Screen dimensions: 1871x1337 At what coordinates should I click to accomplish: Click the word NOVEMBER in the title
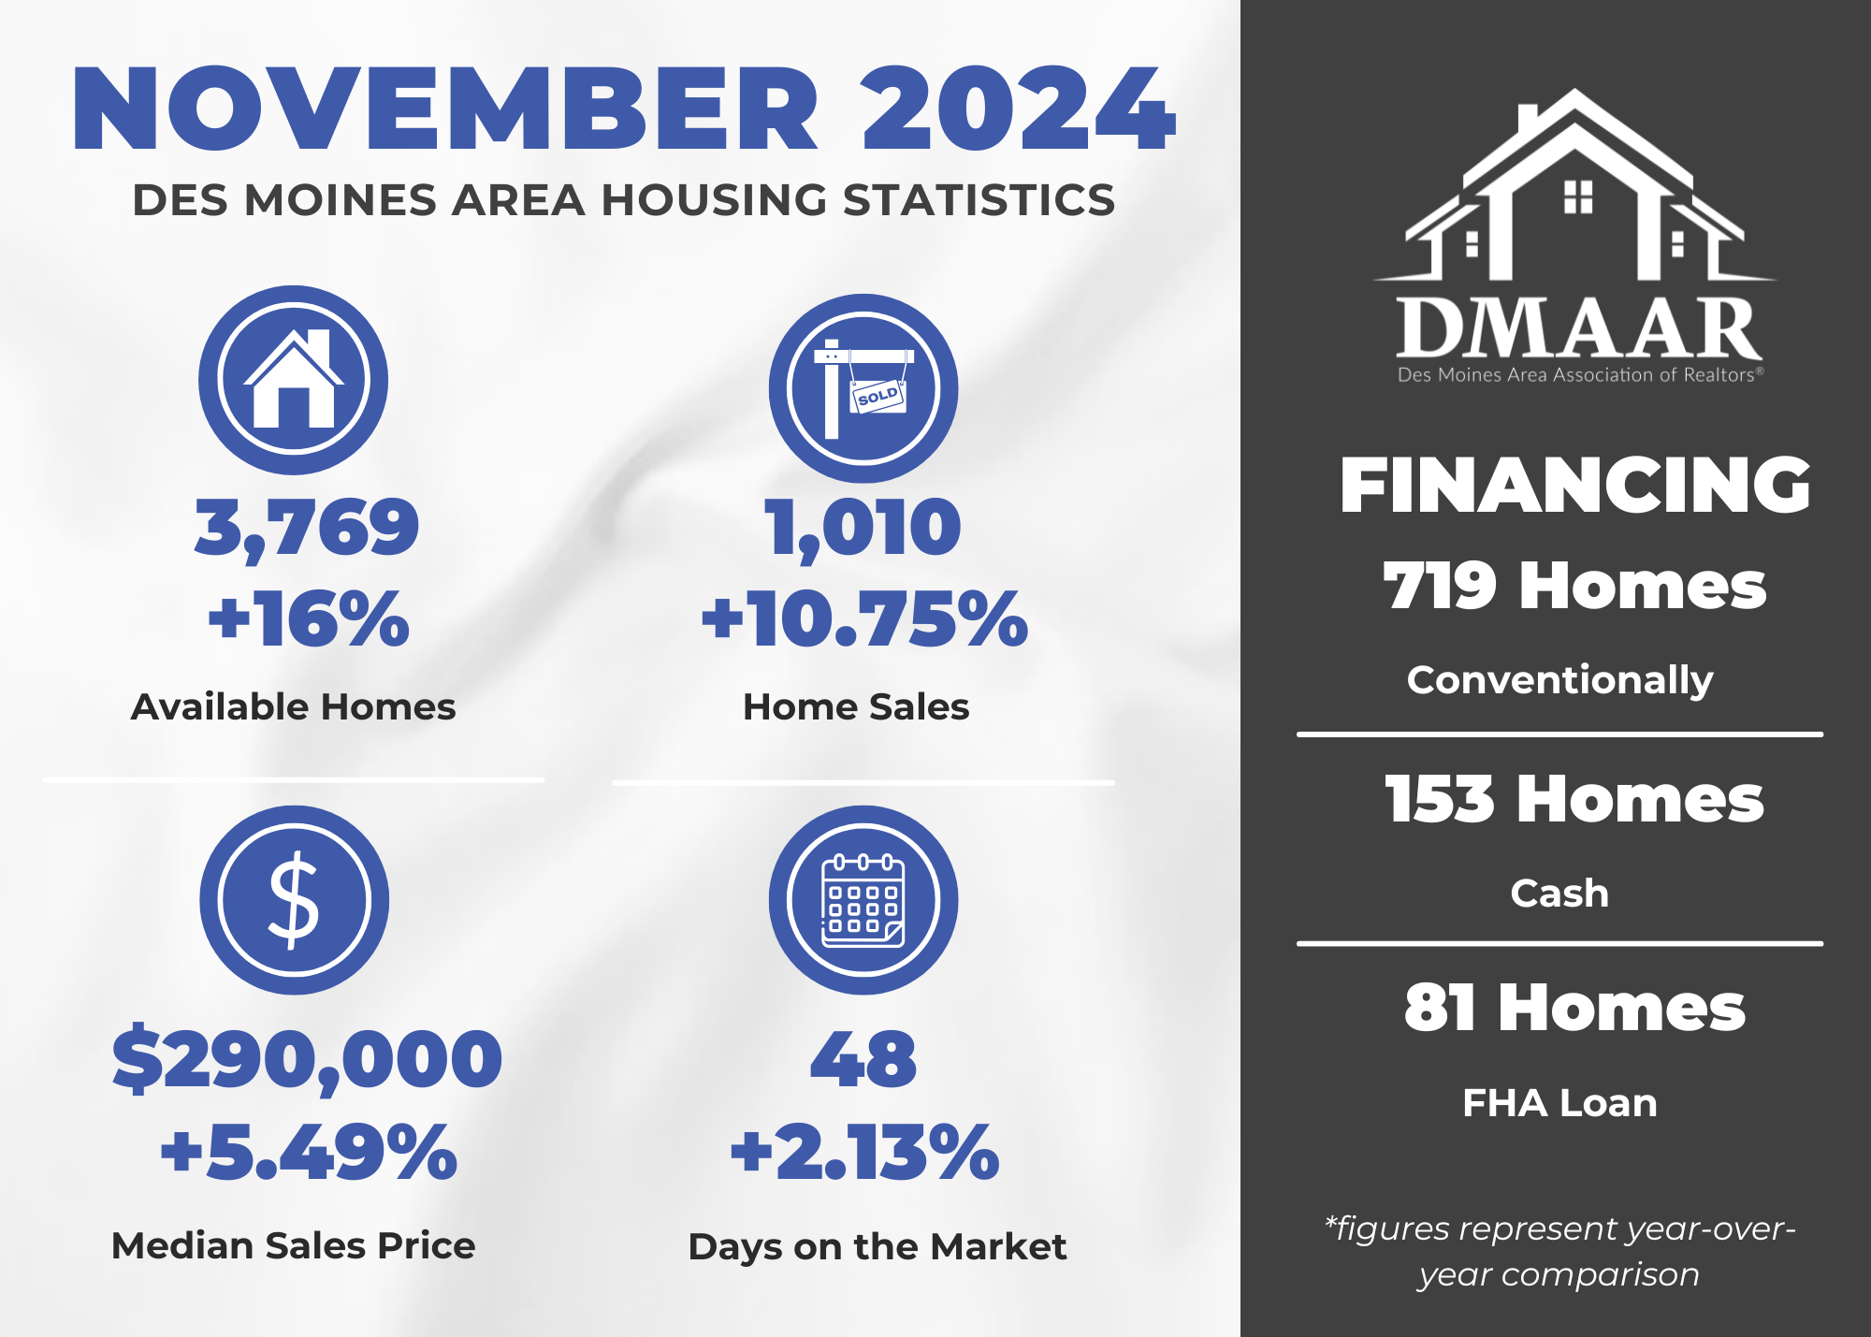pos(445,109)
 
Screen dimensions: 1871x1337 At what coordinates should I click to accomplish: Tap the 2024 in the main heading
pos(1018,109)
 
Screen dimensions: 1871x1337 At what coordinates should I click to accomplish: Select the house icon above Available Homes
pos(294,380)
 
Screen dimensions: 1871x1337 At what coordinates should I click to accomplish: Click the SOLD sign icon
pos(863,388)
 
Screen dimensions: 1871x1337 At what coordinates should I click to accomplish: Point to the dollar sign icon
pos(294,900)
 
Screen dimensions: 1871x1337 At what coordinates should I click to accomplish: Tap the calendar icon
pos(863,900)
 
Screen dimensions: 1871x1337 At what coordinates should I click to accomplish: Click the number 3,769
pos(307,529)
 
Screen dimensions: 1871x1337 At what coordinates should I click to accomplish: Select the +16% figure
pos(309,618)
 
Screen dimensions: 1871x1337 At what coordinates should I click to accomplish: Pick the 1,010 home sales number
pos(863,529)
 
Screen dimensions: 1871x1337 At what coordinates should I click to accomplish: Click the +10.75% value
pos(864,618)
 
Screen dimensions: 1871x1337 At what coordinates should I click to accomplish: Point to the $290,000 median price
pos(307,1060)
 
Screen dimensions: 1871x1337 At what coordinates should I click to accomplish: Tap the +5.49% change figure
pos(309,1152)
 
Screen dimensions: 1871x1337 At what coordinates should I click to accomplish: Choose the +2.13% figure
pos(864,1152)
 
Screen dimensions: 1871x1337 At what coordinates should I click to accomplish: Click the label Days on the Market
pos(877,1247)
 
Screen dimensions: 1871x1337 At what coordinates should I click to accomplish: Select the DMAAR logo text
pos(1579,328)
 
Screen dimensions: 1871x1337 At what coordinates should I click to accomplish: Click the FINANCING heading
pos(1575,486)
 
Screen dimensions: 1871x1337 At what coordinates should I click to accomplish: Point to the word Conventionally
pos(1559,680)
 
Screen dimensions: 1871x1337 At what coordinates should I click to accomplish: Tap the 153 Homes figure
pos(1574,800)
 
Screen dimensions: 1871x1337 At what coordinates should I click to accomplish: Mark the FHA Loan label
pos(1559,1103)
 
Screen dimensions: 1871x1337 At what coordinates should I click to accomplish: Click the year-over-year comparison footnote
pos(1559,1251)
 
